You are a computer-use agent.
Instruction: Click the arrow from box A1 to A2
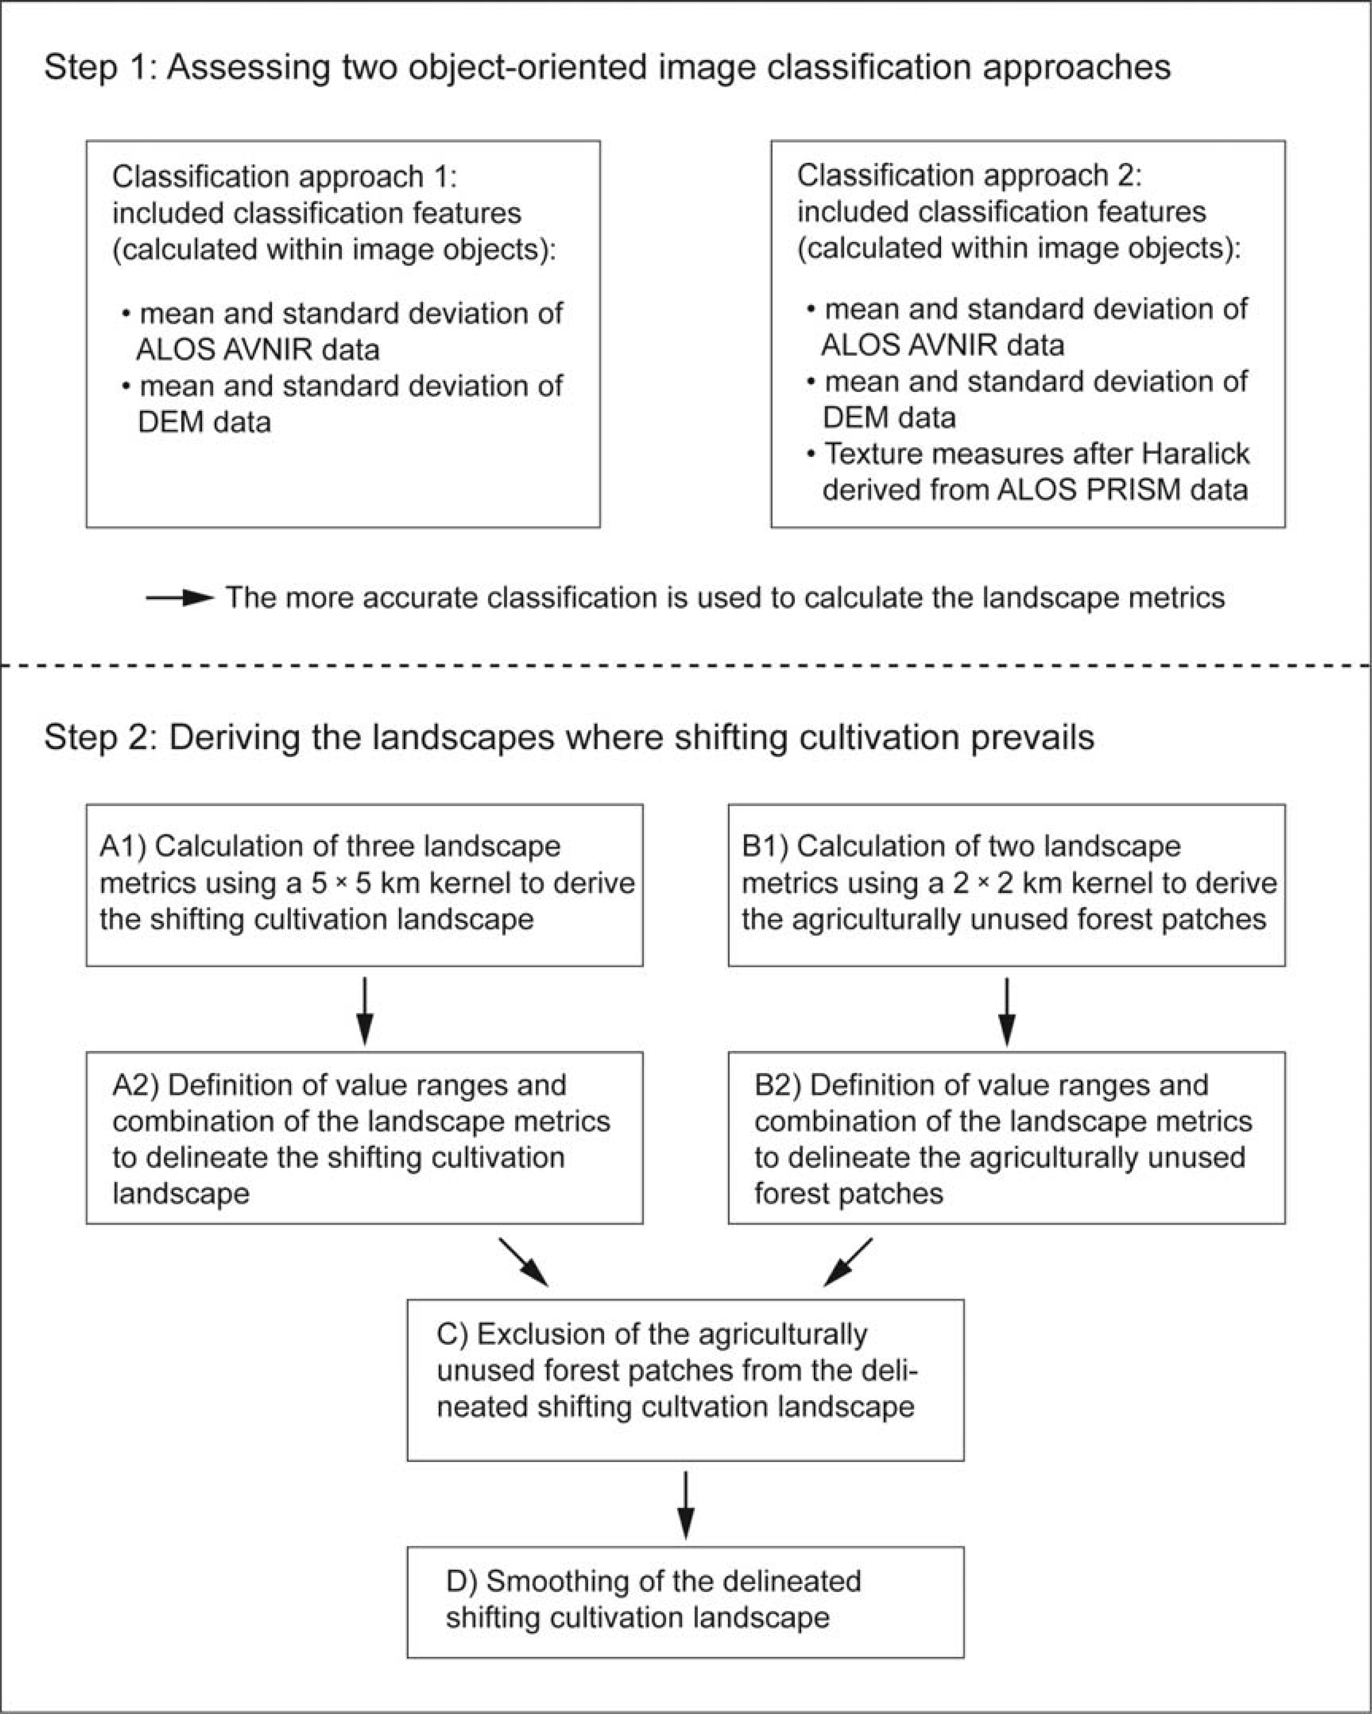click(x=364, y=1011)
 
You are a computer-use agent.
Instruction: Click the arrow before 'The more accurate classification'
click(x=180, y=598)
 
